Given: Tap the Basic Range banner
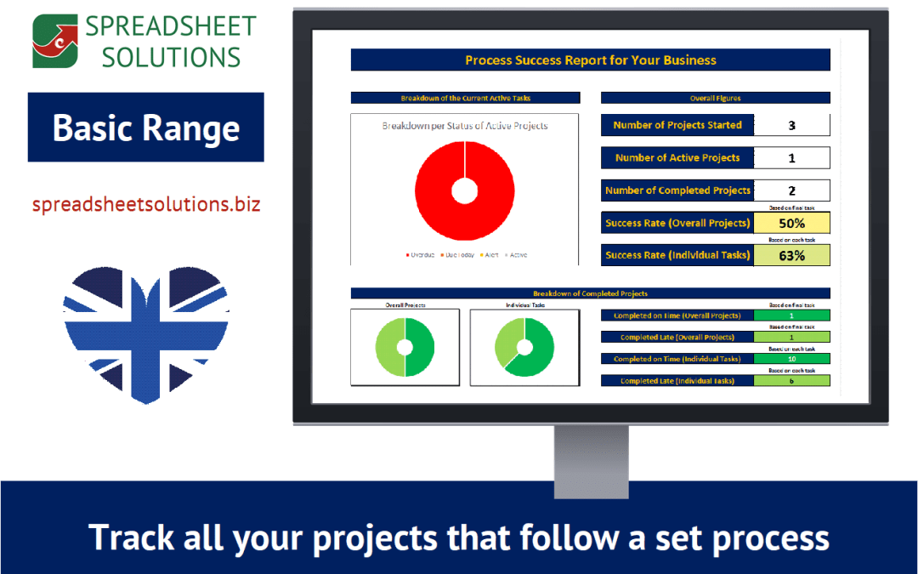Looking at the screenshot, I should click(x=145, y=128).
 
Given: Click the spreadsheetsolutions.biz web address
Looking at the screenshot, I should click(x=145, y=204).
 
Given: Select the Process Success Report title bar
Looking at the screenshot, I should click(x=590, y=60).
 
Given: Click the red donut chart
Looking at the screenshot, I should click(x=464, y=190).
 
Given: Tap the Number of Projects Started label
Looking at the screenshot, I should click(x=677, y=125).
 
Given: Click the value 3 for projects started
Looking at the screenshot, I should click(x=791, y=126).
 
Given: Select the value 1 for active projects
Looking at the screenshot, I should click(x=791, y=158).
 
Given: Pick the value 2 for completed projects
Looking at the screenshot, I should click(x=791, y=190).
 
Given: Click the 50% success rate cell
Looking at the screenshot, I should click(x=791, y=224).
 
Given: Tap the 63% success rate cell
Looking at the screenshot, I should click(x=791, y=255).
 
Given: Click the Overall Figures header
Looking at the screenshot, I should click(x=715, y=98).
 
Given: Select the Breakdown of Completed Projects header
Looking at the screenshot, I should click(x=590, y=293).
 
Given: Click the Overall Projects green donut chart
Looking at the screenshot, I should click(x=405, y=347).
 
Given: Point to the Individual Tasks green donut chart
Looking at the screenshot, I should click(x=524, y=347).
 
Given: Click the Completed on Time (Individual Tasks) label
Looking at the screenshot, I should click(x=677, y=359).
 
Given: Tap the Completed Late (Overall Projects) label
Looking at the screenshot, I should click(x=677, y=338).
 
